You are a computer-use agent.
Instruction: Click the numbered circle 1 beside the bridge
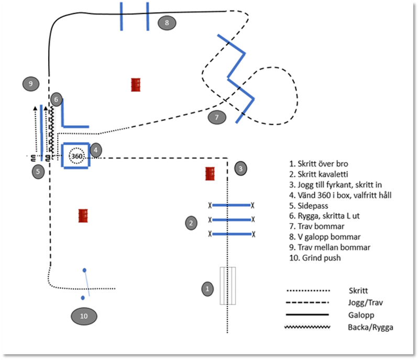(x=208, y=288)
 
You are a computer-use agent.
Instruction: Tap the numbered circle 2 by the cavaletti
(x=191, y=223)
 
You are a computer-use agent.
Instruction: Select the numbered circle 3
(x=240, y=168)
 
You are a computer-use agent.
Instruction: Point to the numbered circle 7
(x=216, y=117)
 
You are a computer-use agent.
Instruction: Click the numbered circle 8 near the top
(x=167, y=22)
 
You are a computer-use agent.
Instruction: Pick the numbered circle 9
(x=31, y=83)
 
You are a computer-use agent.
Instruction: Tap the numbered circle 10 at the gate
(x=84, y=316)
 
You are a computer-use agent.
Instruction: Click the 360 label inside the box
(x=76, y=156)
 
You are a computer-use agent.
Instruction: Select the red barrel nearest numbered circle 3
(x=211, y=174)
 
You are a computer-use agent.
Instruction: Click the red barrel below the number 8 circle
(x=136, y=85)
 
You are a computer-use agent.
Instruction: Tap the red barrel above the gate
(x=83, y=216)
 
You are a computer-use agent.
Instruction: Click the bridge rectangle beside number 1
(x=227, y=286)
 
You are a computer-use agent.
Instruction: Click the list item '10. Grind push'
(x=314, y=257)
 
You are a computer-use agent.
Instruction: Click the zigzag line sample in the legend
(x=307, y=327)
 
